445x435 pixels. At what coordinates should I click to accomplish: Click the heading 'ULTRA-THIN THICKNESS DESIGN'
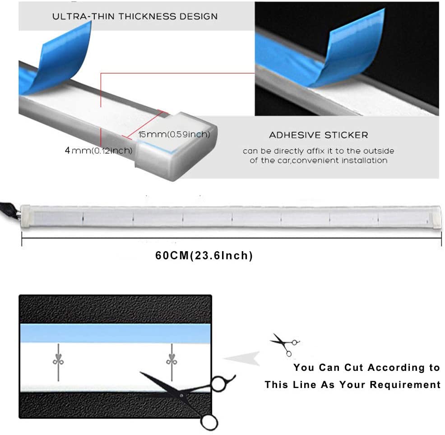(x=135, y=16)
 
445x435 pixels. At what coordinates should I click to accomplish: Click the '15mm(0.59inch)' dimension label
(x=174, y=134)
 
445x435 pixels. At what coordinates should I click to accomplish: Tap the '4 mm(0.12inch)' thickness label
(x=98, y=150)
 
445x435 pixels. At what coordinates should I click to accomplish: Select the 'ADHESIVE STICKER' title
(x=319, y=135)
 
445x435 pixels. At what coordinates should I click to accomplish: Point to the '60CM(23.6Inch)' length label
(x=204, y=255)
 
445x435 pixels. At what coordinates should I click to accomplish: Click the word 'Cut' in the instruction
(x=355, y=367)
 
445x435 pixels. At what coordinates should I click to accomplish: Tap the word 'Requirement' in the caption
(x=405, y=385)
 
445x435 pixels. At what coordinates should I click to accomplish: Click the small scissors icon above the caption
(x=285, y=344)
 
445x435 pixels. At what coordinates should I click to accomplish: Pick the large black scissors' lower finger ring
(x=209, y=422)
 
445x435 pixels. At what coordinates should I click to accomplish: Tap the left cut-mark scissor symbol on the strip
(x=58, y=362)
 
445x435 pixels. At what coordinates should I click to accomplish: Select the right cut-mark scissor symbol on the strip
(x=172, y=362)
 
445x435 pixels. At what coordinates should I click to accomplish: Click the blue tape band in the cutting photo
(x=115, y=333)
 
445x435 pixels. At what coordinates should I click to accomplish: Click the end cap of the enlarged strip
(x=176, y=145)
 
